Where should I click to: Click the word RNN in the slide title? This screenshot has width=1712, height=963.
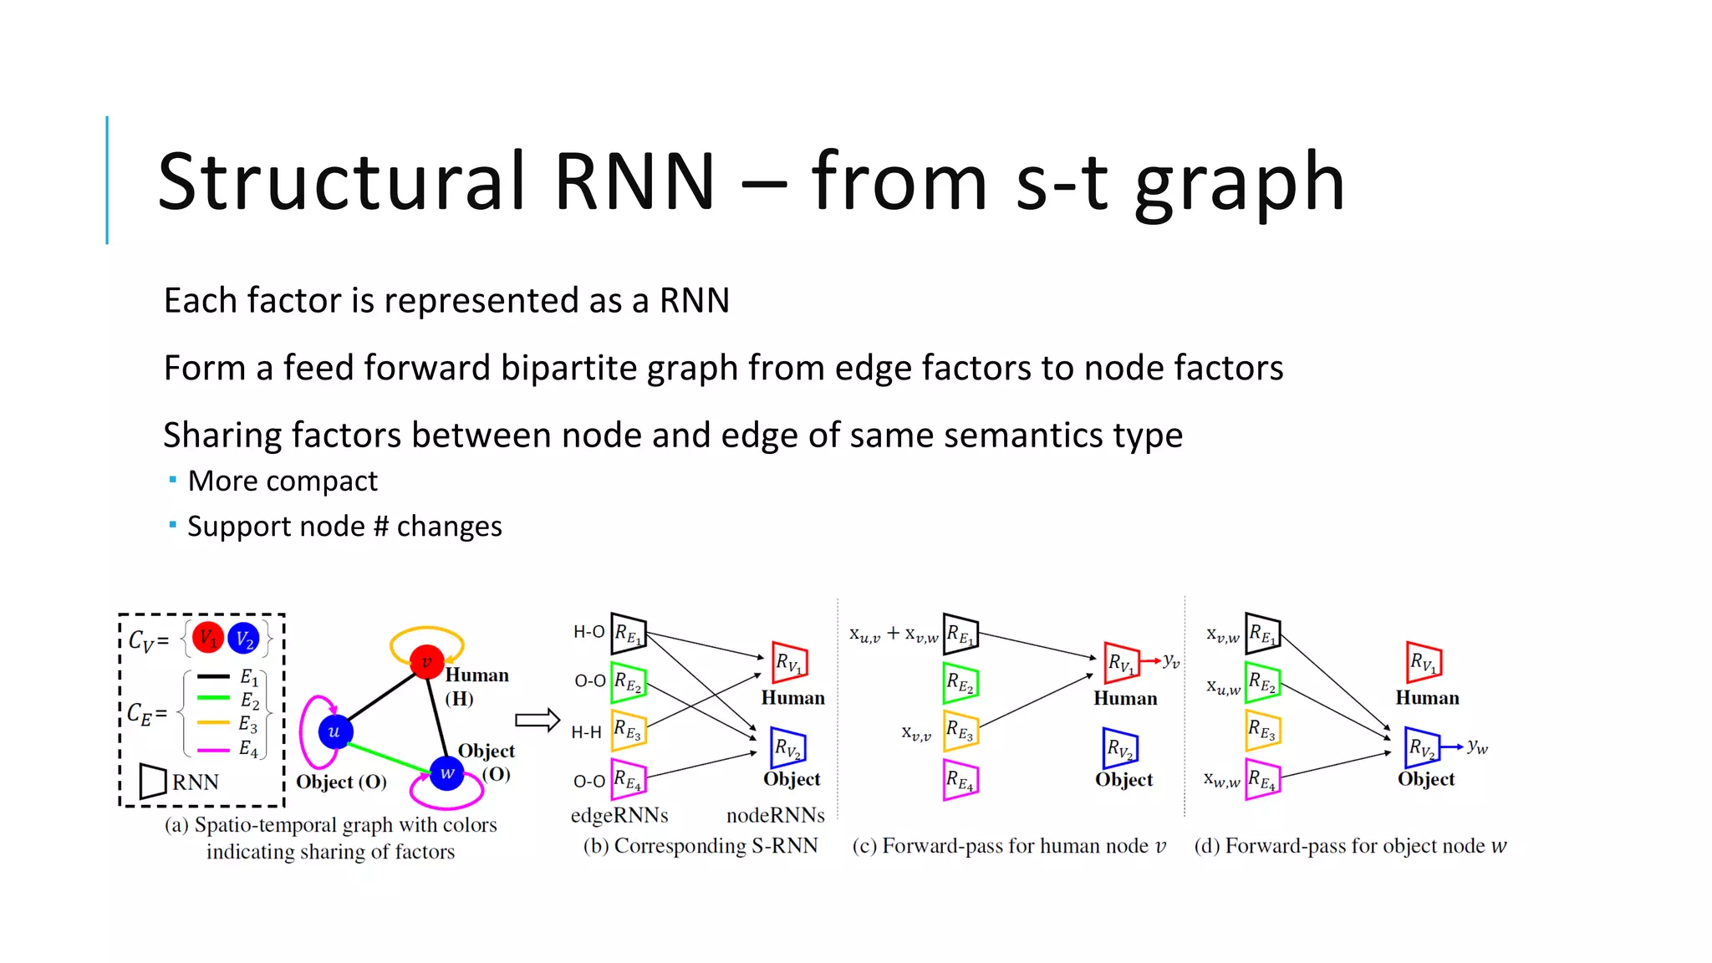(x=634, y=181)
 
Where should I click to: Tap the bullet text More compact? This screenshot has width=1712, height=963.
(x=283, y=481)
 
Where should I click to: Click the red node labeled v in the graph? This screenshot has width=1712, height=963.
(x=426, y=662)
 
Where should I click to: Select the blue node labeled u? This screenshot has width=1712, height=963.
(x=334, y=732)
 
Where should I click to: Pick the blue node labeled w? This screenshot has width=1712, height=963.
(x=447, y=773)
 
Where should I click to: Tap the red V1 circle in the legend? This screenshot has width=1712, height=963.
(x=207, y=639)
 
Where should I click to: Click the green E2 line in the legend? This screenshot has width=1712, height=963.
(x=213, y=698)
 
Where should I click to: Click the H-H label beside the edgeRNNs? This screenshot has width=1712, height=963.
(x=586, y=733)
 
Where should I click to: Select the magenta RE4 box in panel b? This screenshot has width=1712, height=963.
(x=629, y=780)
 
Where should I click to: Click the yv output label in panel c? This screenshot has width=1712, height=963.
(x=1171, y=661)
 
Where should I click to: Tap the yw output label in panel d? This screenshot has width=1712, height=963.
(x=1477, y=746)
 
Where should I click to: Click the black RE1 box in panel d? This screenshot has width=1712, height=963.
(x=1262, y=634)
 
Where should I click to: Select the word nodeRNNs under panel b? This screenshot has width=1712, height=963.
(x=775, y=815)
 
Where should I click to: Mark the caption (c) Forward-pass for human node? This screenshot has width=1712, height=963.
(x=1008, y=846)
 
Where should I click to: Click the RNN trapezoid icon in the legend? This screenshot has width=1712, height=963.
(x=153, y=782)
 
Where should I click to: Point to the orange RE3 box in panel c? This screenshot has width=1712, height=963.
(x=960, y=731)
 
